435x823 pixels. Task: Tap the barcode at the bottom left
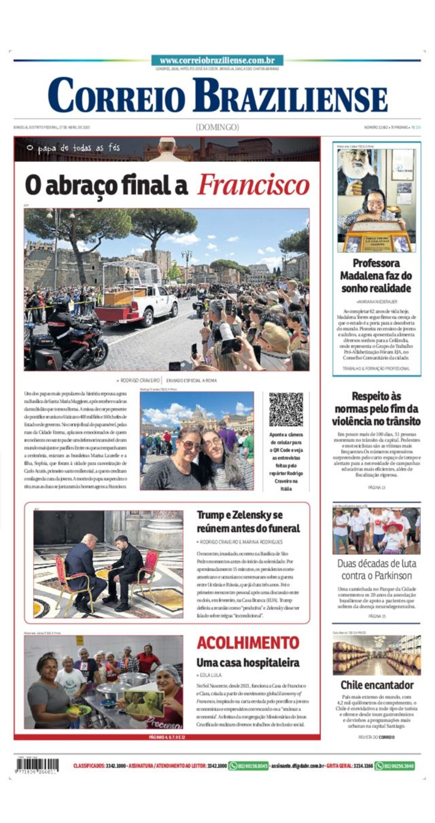pos(38,765)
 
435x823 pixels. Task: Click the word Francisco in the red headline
pos(253,185)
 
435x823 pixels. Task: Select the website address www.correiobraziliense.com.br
pos(217,61)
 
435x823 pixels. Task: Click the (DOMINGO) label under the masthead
pos(217,127)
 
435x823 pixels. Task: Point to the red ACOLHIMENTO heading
pos(248,643)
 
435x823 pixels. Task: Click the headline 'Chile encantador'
pos(376,685)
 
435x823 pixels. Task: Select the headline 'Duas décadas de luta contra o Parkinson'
pos(376,569)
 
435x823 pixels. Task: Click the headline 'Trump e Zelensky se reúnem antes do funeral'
pos(248,521)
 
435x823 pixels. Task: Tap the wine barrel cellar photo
pos(376,655)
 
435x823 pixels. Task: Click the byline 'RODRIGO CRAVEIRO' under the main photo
pos(140,380)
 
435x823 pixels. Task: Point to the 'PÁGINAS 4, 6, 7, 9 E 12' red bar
pos(167,737)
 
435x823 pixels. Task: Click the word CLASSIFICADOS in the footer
pos(88,766)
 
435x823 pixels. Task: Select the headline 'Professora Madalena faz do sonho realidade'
pos(376,276)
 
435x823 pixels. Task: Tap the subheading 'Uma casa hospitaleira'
pos(248,662)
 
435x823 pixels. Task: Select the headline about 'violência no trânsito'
pos(376,409)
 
